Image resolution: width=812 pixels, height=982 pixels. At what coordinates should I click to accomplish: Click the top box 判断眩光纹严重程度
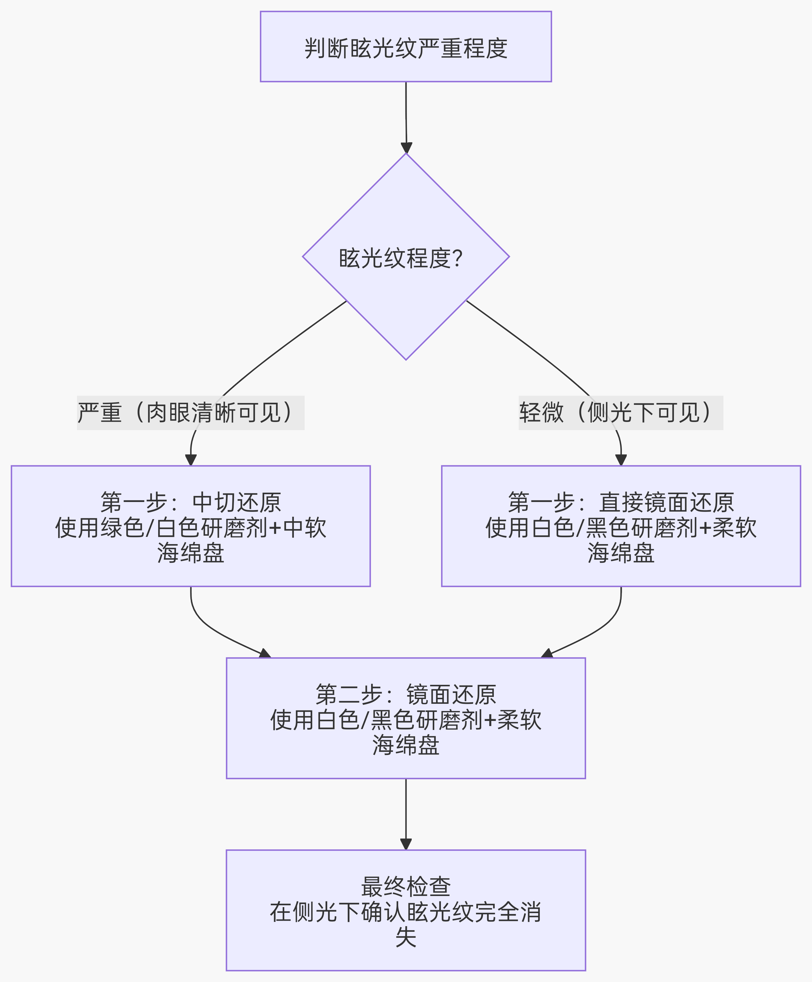406,47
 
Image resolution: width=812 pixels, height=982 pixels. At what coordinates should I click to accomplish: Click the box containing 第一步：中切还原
190,526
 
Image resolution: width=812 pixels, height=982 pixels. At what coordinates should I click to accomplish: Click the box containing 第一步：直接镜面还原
621,526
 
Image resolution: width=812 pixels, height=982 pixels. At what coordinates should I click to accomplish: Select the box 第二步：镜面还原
406,718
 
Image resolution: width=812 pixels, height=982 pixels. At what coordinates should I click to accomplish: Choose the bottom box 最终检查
406,910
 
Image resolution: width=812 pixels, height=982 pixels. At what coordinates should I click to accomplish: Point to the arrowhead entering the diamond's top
406,148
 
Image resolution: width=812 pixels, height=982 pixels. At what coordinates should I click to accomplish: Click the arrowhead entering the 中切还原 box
191,460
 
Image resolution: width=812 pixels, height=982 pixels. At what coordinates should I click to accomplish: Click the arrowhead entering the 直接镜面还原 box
621,460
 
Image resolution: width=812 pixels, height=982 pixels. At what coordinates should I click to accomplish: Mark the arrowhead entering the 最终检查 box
406,844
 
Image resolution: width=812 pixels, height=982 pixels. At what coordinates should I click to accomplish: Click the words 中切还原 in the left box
237,503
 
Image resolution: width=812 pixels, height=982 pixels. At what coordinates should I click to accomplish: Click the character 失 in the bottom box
406,937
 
